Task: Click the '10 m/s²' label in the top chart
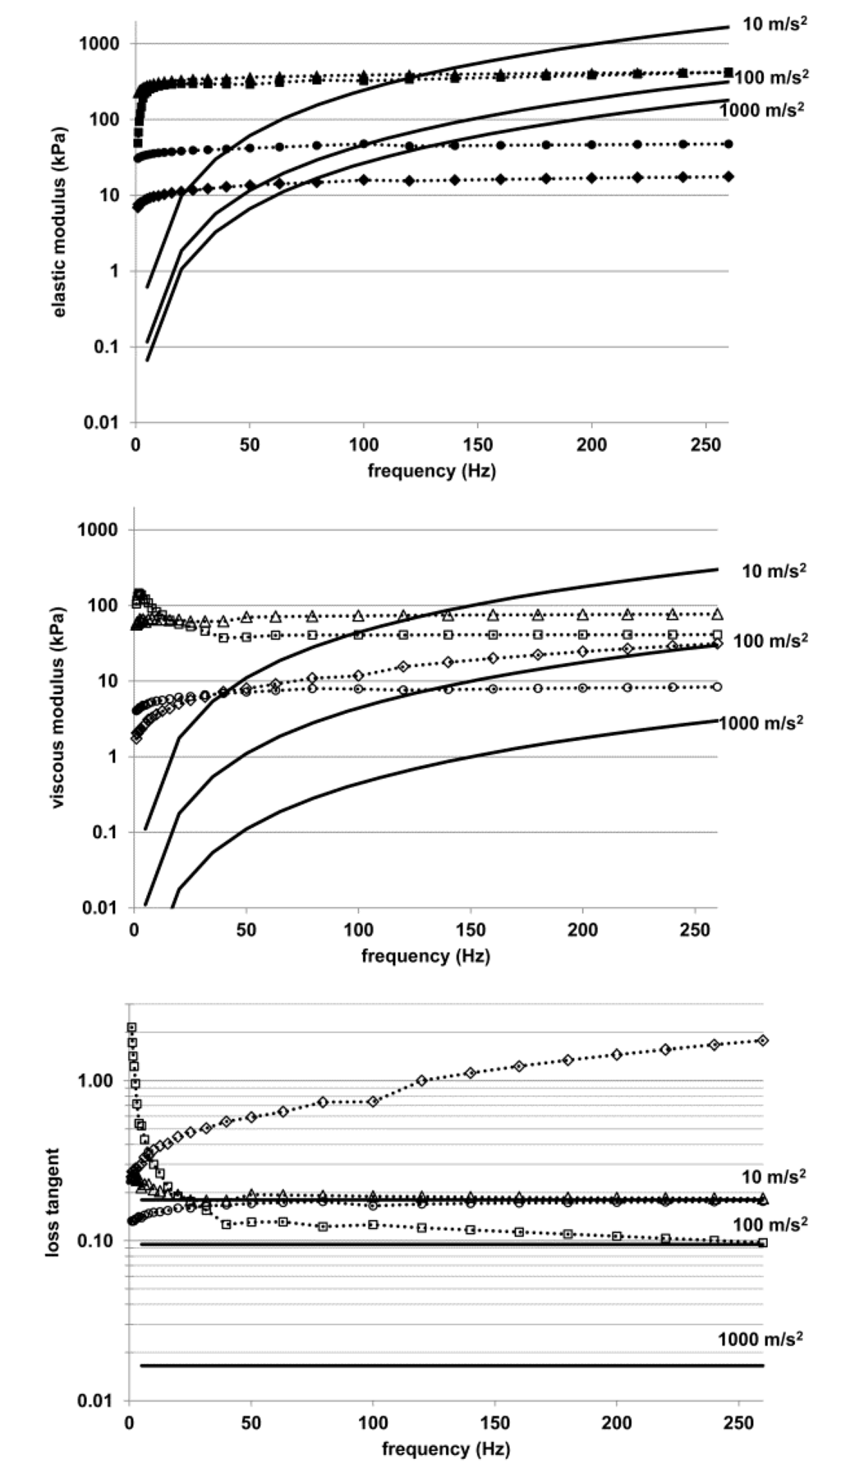point(774,24)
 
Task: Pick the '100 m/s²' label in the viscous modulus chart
point(770,640)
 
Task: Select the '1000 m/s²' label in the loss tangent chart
point(760,1339)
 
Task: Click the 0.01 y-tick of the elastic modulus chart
point(99,423)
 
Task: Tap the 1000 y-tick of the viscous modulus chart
point(97,530)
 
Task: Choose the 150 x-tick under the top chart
point(477,445)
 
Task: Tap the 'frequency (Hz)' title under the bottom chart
point(445,1448)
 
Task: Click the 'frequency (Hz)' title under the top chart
point(431,471)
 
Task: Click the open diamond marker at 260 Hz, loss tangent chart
point(763,1040)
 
